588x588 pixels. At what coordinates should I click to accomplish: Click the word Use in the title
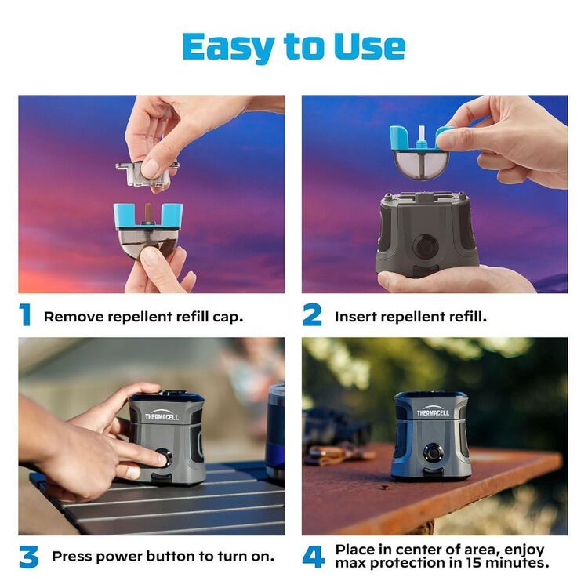[369, 46]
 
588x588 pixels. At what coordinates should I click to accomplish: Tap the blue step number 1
[25, 315]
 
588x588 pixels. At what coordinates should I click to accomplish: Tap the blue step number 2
[312, 315]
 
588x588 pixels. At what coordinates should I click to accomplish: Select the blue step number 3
[28, 557]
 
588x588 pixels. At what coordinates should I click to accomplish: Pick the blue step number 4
[313, 557]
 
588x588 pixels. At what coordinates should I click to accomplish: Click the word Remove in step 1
[74, 317]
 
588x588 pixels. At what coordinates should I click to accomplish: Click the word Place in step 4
[356, 550]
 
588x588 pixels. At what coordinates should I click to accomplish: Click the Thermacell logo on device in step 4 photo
[432, 411]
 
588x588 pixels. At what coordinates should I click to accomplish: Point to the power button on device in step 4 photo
[432, 452]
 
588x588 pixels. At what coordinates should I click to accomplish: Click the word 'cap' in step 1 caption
[230, 317]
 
